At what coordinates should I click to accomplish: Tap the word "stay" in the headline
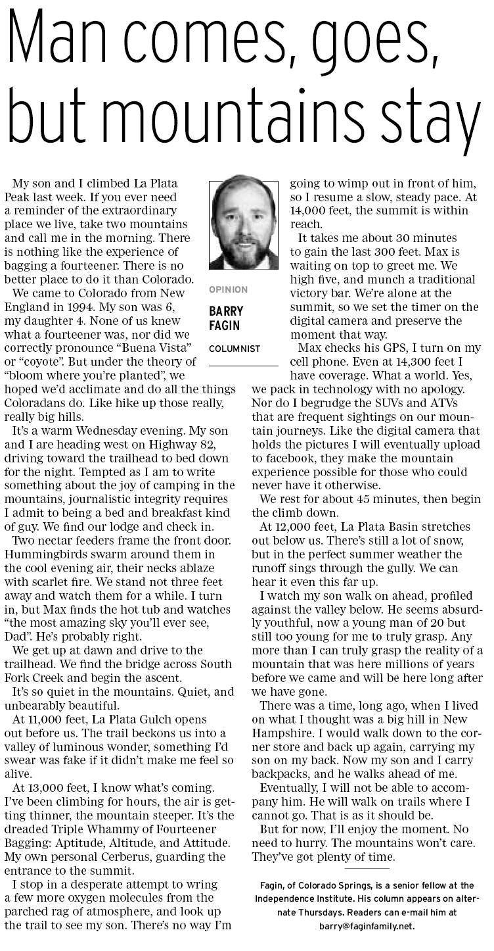click(x=430, y=123)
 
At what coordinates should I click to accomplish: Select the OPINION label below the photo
click(x=229, y=289)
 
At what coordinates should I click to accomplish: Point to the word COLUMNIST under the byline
click(x=235, y=349)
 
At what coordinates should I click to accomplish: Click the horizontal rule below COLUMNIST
click(x=243, y=366)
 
